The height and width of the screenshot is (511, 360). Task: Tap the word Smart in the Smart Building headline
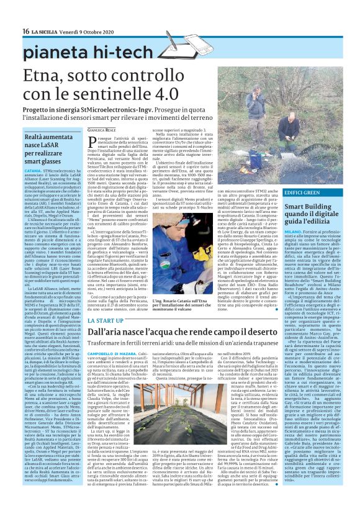[295, 207]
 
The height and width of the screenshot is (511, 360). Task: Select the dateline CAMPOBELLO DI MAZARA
[108, 351]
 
